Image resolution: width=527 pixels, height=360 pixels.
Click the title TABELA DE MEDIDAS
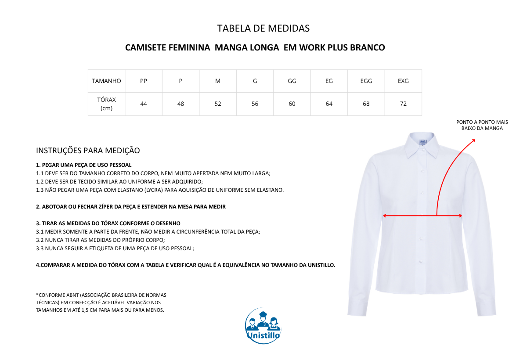[x=263, y=29]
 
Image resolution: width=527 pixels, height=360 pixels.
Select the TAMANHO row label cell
[x=106, y=81]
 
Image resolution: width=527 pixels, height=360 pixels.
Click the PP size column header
[x=144, y=81]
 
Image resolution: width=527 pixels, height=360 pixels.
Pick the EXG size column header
[x=403, y=81]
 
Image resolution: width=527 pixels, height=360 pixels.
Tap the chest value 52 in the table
[x=218, y=104]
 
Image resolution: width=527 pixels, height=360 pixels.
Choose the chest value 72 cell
[x=403, y=104]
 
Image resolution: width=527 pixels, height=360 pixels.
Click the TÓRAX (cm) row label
[x=106, y=104]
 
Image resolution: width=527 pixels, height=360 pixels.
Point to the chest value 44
[x=144, y=104]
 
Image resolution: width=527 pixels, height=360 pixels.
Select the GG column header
[x=292, y=81]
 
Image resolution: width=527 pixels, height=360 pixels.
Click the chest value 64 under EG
[x=329, y=104]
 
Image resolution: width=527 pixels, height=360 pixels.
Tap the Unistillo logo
[x=263, y=326]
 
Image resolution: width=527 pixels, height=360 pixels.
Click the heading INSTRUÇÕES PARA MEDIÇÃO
[x=88, y=151]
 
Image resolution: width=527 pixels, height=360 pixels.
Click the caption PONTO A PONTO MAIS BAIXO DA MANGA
[x=482, y=125]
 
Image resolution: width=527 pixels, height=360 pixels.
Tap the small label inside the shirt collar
[x=423, y=142]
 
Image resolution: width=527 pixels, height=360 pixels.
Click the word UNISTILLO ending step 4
[x=318, y=265]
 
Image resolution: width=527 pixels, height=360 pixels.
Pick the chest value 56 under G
[x=255, y=104]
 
